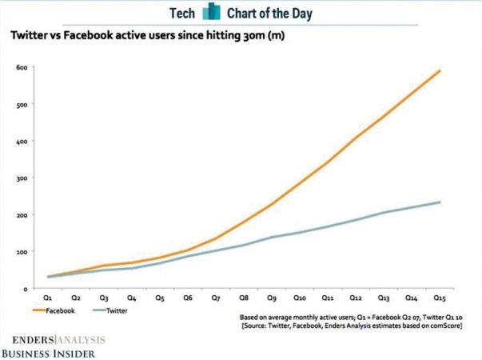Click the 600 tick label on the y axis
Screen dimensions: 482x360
coord(22,67)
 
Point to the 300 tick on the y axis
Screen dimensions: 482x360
coord(22,178)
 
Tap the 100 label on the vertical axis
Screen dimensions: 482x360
coord(22,252)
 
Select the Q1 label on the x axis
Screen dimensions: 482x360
coord(47,298)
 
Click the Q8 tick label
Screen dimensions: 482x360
coord(244,298)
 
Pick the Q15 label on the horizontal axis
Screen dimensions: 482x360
coord(440,298)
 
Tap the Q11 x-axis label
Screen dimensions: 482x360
coord(328,298)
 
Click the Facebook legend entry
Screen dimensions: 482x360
coord(54,310)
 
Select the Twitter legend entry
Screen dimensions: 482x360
coord(110,310)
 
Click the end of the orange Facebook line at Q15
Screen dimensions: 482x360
coord(440,70)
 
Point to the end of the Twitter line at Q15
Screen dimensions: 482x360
coord(440,202)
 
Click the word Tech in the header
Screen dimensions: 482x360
coord(182,14)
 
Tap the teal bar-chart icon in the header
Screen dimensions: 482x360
coord(211,11)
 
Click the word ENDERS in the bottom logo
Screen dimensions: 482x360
coord(34,340)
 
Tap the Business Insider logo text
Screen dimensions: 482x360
coord(49,354)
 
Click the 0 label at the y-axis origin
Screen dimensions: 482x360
coord(26,289)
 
